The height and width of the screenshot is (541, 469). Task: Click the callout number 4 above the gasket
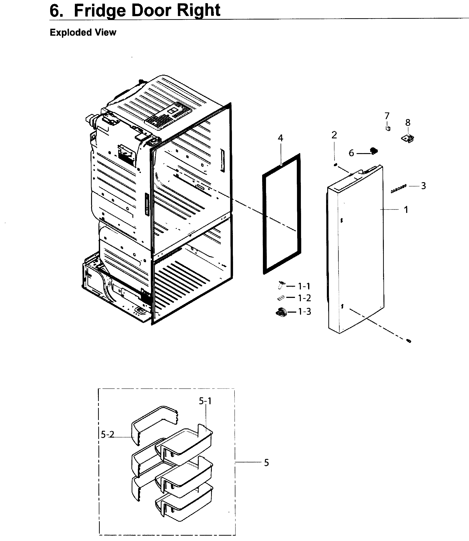tap(280, 138)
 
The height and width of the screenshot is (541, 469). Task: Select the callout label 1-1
tap(304, 286)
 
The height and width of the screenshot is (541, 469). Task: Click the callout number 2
tap(334, 135)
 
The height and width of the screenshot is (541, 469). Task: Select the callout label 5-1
tap(205, 401)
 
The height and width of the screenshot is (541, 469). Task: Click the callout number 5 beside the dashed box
tap(266, 463)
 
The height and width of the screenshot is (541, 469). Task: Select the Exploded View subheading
tap(83, 32)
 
